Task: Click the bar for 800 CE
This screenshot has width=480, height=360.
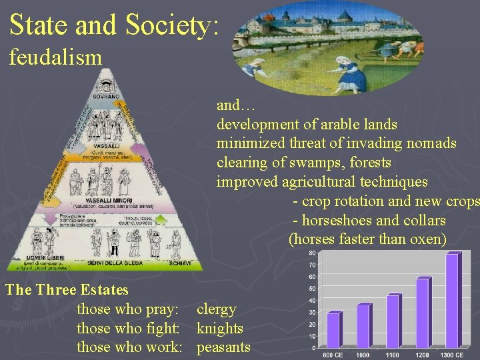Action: pyautogui.click(x=333, y=329)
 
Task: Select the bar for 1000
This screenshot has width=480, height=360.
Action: pyautogui.click(x=363, y=325)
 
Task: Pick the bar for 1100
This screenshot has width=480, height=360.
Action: pyautogui.click(x=393, y=321)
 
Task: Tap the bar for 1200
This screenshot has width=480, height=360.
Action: pyautogui.click(x=423, y=313)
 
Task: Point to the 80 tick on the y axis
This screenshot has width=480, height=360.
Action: pyautogui.click(x=311, y=253)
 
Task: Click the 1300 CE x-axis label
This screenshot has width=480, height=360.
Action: pyautogui.click(x=451, y=355)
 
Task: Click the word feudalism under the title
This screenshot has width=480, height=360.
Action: pyautogui.click(x=55, y=57)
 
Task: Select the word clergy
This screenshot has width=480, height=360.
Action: pyautogui.click(x=216, y=309)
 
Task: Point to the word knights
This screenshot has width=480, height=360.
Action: pyautogui.click(x=219, y=328)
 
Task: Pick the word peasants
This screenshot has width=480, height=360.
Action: pyautogui.click(x=223, y=347)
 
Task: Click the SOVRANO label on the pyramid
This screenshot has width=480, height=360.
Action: pyautogui.click(x=107, y=97)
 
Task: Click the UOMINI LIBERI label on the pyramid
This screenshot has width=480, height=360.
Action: pyautogui.click(x=45, y=258)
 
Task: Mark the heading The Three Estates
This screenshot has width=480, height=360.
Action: pyautogui.click(x=66, y=290)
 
